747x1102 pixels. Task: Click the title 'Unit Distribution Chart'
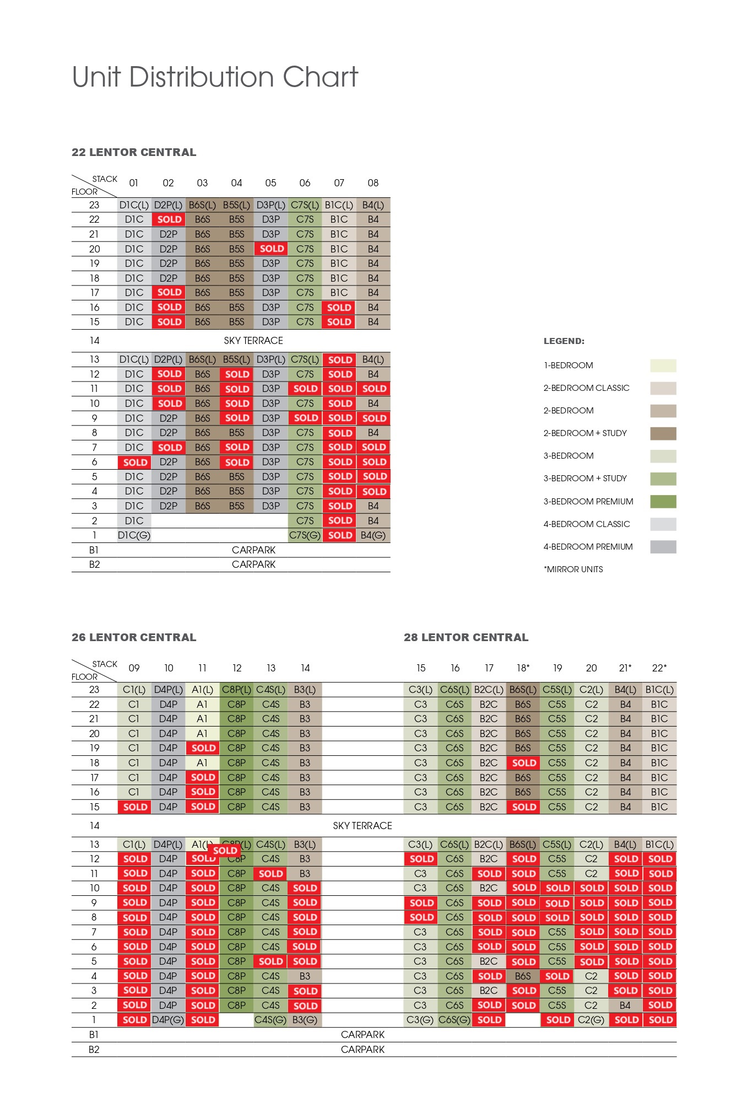[215, 77]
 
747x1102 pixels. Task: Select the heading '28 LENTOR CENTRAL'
[466, 637]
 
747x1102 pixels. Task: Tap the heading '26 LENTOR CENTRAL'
[134, 637]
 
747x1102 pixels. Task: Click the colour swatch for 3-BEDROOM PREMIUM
[663, 502]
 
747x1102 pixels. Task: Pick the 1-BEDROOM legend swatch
[663, 365]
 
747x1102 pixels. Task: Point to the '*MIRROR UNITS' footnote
[573, 569]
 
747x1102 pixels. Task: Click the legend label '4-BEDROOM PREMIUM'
[588, 547]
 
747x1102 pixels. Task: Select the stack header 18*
[523, 668]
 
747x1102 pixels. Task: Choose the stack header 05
[270, 183]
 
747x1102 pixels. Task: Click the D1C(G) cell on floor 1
[134, 535]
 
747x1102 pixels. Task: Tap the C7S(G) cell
[305, 535]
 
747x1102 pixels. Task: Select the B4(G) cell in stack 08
[373, 535]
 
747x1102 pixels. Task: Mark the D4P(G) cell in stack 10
[168, 1020]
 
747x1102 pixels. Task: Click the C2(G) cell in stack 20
[591, 1020]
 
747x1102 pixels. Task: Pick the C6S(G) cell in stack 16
[454, 1020]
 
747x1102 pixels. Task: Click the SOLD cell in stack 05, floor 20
[271, 249]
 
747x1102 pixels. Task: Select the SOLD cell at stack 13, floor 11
[270, 874]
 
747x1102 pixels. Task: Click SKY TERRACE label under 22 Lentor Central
[253, 341]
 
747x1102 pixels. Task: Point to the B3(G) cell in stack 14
[305, 1020]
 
